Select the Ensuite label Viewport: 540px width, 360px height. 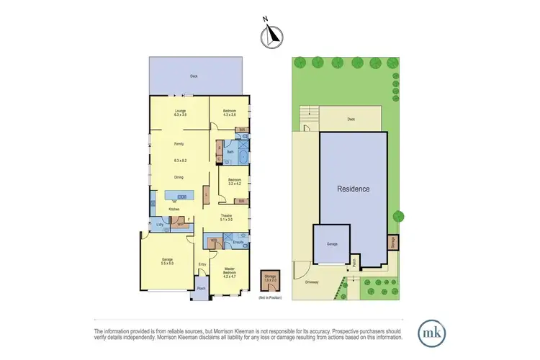tap(238, 243)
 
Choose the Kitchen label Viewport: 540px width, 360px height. tap(174, 209)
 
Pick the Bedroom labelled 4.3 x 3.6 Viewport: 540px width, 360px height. tap(229, 112)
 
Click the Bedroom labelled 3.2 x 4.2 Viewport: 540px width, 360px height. tap(234, 181)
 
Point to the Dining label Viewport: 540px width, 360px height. tap(179, 177)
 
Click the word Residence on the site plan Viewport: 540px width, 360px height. tap(354, 189)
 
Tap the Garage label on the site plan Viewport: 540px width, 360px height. tap(331, 245)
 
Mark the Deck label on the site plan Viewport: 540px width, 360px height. tap(351, 120)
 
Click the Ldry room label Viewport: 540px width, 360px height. tap(160, 225)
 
